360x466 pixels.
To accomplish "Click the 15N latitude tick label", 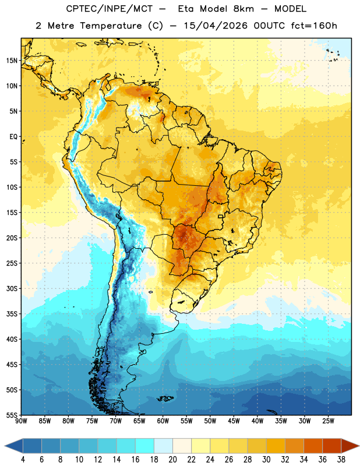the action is [12, 61].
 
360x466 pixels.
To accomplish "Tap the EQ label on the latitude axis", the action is [13, 137].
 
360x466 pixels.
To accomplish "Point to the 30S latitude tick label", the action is [12, 288].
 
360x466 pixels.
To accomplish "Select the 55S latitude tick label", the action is [12, 415].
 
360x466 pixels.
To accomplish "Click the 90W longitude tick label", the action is [21, 421].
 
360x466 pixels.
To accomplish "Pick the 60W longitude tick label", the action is [163, 421].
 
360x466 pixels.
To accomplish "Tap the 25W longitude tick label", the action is [328, 421].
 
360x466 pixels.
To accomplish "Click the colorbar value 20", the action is [172, 460].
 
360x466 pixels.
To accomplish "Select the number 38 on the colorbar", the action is [341, 460].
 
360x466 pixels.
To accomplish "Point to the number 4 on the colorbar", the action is [23, 460].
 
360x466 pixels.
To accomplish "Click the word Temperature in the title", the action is [111, 26].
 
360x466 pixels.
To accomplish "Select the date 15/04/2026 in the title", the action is [215, 26].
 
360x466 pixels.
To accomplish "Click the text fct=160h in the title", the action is [314, 26].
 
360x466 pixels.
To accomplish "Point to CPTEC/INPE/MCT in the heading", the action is [109, 9].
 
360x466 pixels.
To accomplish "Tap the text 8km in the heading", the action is [243, 9].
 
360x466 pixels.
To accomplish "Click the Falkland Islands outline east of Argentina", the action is [165, 398].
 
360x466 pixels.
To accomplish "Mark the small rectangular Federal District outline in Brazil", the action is [221, 216].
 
